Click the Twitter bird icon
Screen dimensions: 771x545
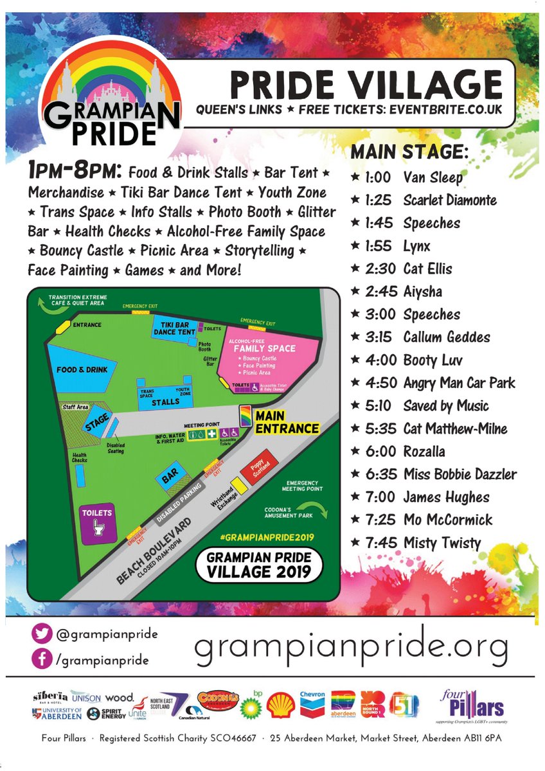tap(42, 634)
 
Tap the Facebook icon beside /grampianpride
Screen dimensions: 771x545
tap(42, 659)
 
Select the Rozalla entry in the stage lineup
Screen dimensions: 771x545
tap(424, 452)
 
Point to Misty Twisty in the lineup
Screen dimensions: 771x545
tap(442, 543)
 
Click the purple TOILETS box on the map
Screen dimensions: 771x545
tap(97, 520)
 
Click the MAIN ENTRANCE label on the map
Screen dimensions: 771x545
tap(287, 422)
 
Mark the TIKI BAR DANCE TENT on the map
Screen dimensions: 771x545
tap(174, 328)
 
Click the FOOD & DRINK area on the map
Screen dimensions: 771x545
tap(80, 370)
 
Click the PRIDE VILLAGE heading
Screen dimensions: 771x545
tap(366, 85)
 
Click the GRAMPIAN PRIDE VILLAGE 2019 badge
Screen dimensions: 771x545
tap(258, 565)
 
